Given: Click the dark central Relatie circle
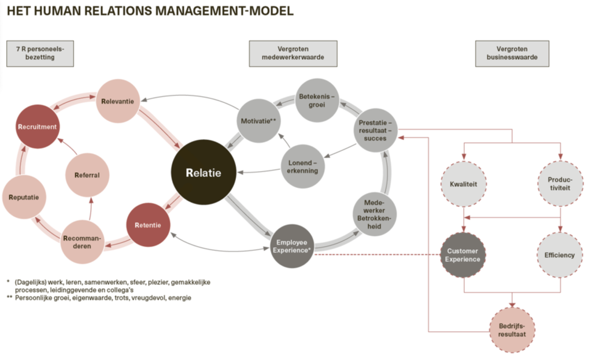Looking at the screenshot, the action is point(203,172).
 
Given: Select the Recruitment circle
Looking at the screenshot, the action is point(38,127).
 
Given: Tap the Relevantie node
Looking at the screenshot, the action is point(118,101).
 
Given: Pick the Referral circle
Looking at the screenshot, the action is point(87,175).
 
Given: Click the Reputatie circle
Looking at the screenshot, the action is point(24,197).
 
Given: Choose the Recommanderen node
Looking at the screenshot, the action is point(82,242).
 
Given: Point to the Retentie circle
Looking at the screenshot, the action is point(148,225).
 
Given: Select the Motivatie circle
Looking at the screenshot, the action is point(258,121).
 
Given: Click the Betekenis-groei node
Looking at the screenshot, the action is point(317,101).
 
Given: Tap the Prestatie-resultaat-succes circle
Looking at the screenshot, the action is point(376,130).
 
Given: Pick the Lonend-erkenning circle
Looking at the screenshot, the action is point(303,166).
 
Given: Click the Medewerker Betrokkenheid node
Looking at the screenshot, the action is point(375,214).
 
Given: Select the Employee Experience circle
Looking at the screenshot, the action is point(292,246).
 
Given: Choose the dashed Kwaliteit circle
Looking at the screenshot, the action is point(464,184).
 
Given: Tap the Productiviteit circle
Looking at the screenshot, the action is point(560,183).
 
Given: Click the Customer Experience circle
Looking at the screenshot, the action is point(463,255).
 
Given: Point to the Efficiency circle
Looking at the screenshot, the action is point(560,255).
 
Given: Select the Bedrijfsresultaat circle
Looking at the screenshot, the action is point(512,330).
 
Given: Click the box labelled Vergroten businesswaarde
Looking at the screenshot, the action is point(512,54).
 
